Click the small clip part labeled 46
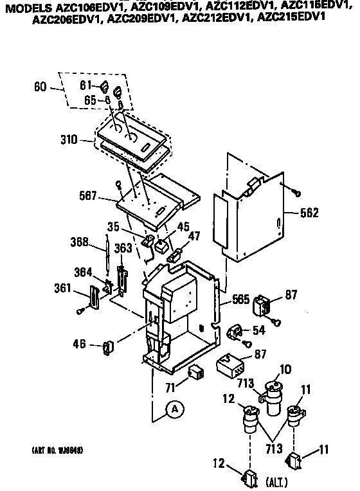click(x=109, y=348)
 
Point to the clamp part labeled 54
click(x=236, y=332)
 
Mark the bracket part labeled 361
click(x=95, y=297)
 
